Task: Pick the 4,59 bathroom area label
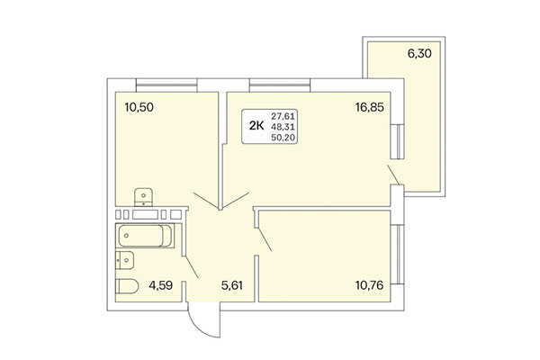coord(159,288)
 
